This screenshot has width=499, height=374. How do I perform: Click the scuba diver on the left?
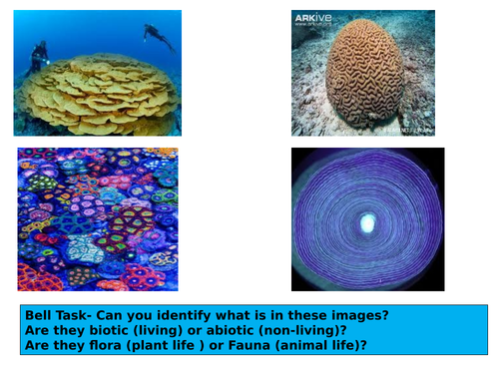(38, 54)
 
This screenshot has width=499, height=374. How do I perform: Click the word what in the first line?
(246, 315)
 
